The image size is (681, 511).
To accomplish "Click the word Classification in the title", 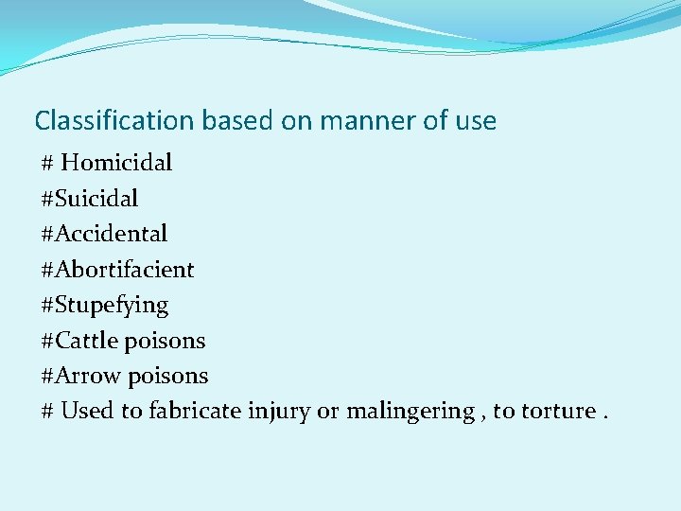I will pos(113,121).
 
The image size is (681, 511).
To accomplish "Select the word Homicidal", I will pos(116,163).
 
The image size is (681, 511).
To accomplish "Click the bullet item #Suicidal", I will pos(90,199).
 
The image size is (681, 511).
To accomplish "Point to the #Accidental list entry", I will pos(104,234).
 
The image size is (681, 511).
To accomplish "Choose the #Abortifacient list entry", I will pos(117,270).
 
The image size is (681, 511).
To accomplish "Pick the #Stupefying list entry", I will pos(105,306).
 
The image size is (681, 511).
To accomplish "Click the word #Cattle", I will pos(81,341).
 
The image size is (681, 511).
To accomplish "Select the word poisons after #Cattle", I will pos(166,341).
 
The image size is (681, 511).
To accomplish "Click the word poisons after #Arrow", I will pos(168,376).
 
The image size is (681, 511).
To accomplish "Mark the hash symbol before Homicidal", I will pos(47,163).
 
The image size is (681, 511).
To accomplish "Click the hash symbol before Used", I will pos(47,412).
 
